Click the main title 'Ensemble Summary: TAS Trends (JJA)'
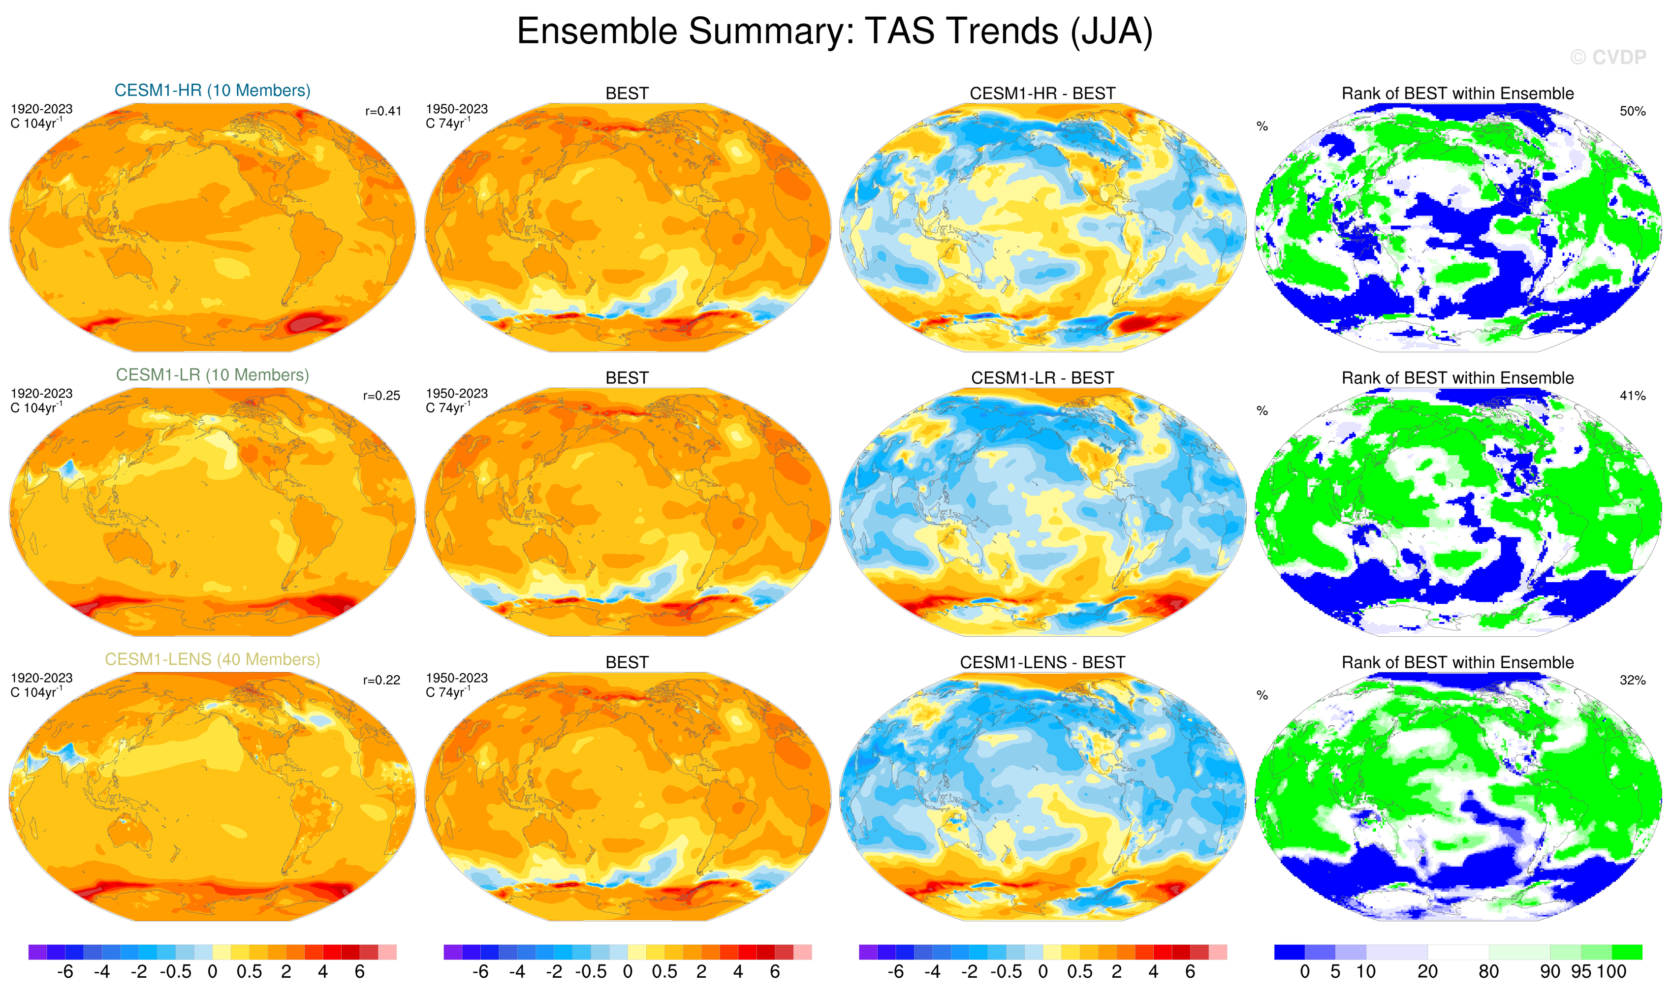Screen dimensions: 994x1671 [834, 31]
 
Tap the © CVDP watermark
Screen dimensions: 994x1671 [1608, 58]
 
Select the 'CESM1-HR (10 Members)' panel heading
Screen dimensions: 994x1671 [213, 91]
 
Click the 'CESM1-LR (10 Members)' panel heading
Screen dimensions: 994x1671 [213, 375]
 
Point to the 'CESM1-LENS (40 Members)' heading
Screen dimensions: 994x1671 [213, 660]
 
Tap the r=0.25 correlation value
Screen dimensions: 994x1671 [381, 396]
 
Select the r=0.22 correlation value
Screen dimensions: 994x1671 [381, 681]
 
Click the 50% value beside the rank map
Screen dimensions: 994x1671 [1632, 111]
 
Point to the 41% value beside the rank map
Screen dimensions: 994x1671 [1632, 396]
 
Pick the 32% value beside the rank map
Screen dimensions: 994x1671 [1632, 681]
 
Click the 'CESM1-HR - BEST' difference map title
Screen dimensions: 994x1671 [1042, 94]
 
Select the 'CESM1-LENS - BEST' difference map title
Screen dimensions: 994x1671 [1042, 662]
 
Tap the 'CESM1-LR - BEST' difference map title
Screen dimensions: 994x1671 [1042, 378]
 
